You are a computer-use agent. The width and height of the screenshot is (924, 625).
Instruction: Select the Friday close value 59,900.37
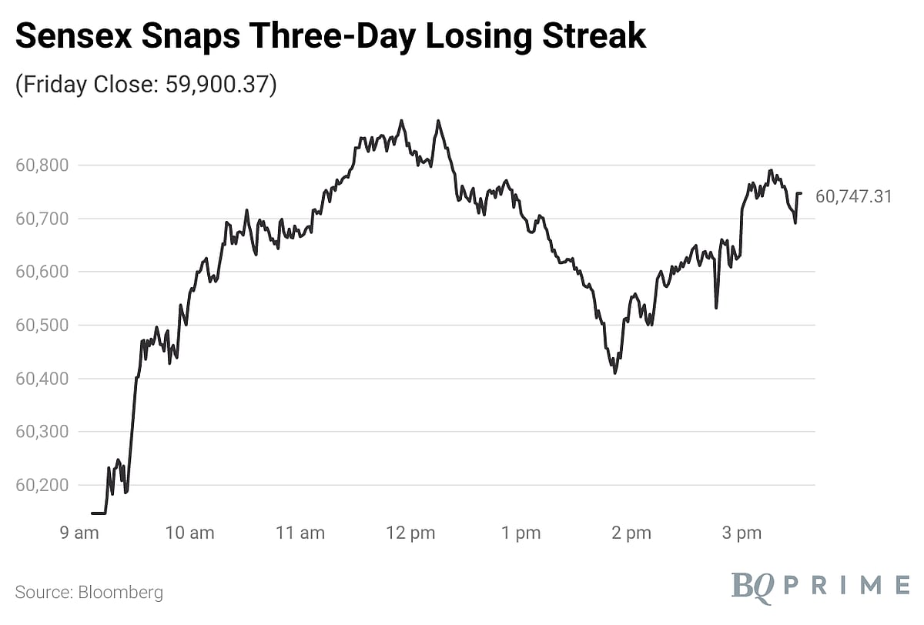[x=219, y=85]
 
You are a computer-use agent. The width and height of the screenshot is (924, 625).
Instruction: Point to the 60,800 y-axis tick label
[x=42, y=165]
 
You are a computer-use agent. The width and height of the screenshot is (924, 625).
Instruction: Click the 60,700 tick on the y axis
[x=42, y=219]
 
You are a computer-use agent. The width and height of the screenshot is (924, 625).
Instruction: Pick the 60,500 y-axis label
[x=42, y=325]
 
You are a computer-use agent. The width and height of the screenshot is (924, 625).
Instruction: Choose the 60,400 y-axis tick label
[x=42, y=379]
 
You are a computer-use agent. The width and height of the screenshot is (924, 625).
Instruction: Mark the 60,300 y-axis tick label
[x=42, y=432]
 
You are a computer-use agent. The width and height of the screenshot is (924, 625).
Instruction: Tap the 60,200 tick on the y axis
[x=42, y=486]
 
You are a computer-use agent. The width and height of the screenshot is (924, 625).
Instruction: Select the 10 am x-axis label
[x=189, y=533]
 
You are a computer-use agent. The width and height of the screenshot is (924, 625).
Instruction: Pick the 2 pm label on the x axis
[x=631, y=533]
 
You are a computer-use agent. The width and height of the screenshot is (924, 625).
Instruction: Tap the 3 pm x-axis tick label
[x=742, y=533]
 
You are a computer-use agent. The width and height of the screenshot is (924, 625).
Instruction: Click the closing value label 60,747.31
[x=854, y=197]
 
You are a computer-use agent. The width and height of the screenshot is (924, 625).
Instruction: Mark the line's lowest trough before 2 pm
[x=614, y=373]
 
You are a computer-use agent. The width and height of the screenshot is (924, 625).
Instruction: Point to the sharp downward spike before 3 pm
[x=716, y=307]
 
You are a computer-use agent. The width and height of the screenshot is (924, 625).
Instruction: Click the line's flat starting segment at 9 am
[x=99, y=513]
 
